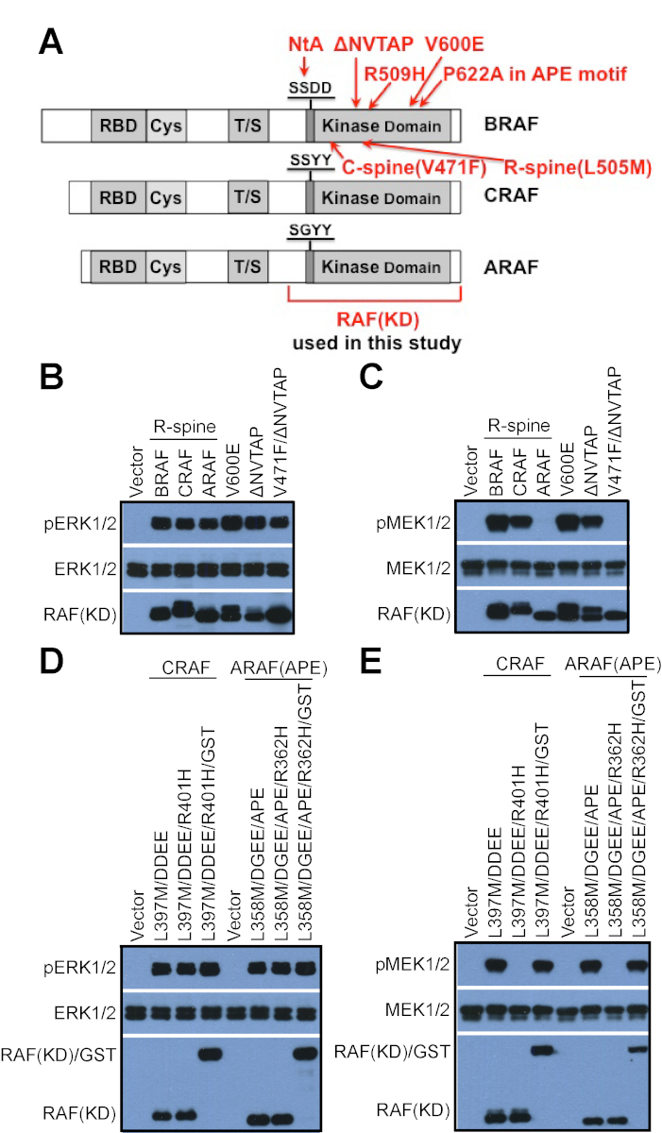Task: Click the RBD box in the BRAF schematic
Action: [x=118, y=125]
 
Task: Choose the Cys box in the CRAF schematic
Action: [x=166, y=197]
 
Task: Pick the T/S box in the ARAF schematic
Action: [x=247, y=267]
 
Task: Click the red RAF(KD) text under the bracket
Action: [x=373, y=321]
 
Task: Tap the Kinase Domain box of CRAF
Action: [x=381, y=197]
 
